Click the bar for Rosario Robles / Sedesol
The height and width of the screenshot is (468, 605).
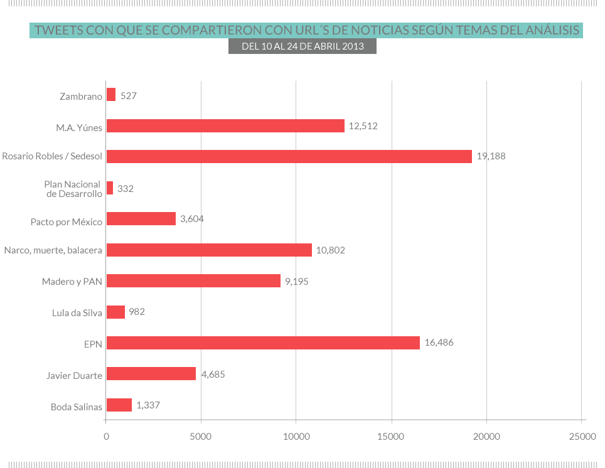pyautogui.click(x=289, y=157)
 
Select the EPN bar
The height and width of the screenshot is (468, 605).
pyautogui.click(x=263, y=343)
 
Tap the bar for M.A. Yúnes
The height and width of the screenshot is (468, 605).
pyautogui.click(x=225, y=126)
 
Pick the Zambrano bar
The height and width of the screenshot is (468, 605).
pyautogui.click(x=111, y=95)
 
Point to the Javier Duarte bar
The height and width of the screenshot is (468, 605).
pyautogui.click(x=151, y=374)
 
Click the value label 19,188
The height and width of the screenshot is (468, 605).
pyautogui.click(x=491, y=157)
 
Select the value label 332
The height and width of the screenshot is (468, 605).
pyautogui.click(x=126, y=188)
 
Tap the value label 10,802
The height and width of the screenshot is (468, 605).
pyautogui.click(x=331, y=250)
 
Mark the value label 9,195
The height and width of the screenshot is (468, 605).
pyautogui.click(x=297, y=281)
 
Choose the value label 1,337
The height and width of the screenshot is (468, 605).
pyautogui.click(x=148, y=405)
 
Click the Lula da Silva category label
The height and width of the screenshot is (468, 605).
pyautogui.click(x=77, y=312)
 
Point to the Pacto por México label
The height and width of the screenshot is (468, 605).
pyautogui.click(x=67, y=222)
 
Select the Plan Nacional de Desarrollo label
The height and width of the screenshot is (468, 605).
pyautogui.click(x=73, y=189)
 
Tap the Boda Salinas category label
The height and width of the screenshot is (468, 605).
pyautogui.click(x=76, y=407)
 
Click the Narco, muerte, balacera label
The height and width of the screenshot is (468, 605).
pyautogui.click(x=53, y=250)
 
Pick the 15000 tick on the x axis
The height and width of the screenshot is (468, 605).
pyautogui.click(x=392, y=436)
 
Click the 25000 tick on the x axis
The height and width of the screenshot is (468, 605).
pyautogui.click(x=582, y=436)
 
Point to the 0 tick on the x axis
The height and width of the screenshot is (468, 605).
pyautogui.click(x=106, y=436)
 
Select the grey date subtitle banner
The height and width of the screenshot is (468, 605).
pyautogui.click(x=302, y=46)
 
